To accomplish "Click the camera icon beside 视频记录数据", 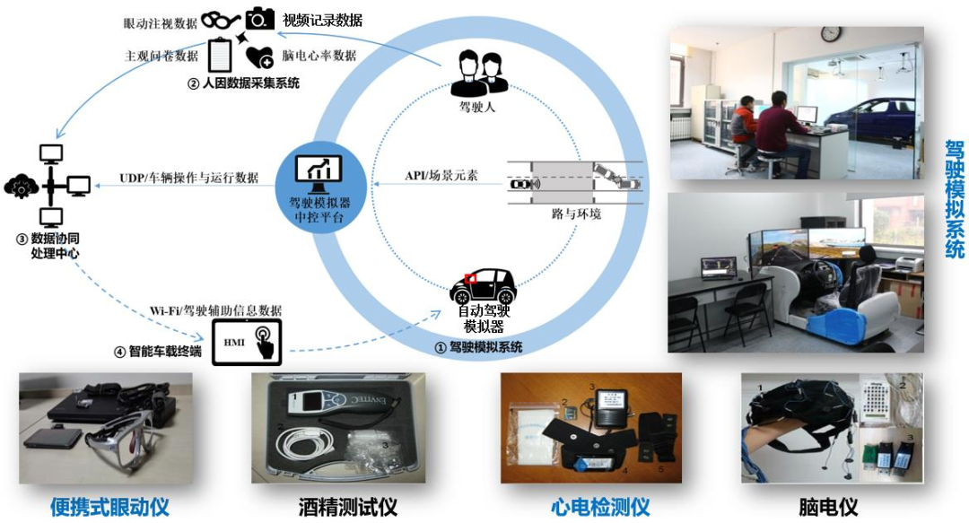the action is tap(260, 19).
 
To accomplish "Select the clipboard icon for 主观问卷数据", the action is tap(220, 55).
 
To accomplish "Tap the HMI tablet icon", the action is tap(247, 343).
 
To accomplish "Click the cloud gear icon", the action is tap(22, 186).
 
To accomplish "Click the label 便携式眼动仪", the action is tap(109, 507).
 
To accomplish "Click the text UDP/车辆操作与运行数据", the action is tap(188, 178).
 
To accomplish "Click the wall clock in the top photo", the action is tap(831, 34).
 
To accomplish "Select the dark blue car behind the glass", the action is tap(867, 112).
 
